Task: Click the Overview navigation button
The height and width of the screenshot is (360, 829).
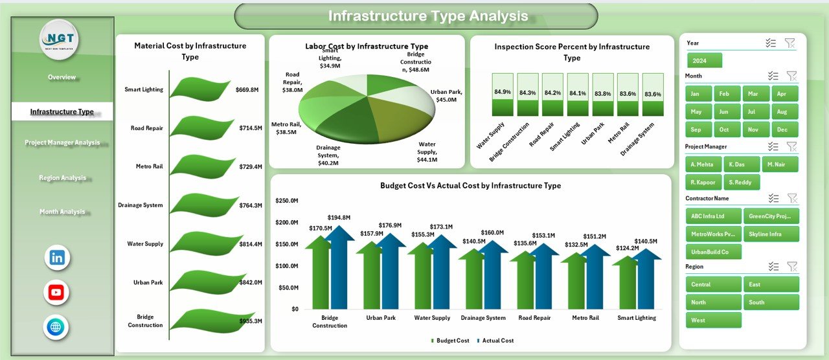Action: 62,77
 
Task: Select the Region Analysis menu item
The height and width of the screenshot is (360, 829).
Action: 62,177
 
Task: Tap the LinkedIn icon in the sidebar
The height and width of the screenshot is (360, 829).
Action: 56,258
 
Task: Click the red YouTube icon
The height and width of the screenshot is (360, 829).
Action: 56,293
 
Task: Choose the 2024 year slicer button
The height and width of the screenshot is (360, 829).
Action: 704,61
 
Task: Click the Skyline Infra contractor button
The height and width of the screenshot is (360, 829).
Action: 771,234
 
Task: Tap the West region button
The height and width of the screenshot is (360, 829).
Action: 713,320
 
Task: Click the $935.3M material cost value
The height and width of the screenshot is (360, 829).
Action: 249,321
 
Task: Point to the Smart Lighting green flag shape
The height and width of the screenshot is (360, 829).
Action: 200,89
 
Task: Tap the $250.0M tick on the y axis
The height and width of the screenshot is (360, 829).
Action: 286,201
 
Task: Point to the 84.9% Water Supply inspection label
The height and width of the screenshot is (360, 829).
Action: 502,92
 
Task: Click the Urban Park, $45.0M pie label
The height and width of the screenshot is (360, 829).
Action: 446,96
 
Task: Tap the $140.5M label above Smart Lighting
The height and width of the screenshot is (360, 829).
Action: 645,241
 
